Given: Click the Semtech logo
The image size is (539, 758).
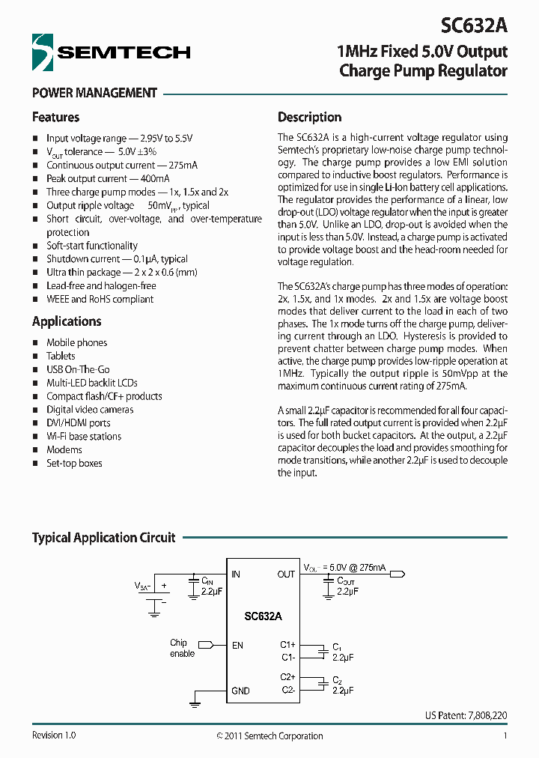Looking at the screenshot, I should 111,52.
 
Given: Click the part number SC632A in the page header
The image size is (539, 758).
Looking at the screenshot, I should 474,25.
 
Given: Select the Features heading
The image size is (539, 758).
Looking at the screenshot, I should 55,118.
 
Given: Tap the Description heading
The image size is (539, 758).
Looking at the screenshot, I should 309,118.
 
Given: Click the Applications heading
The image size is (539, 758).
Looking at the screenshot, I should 67,321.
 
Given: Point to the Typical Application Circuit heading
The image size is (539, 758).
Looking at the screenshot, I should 103,538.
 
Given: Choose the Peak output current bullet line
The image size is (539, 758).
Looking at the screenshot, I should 108,178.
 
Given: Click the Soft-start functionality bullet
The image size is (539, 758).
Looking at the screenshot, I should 92,246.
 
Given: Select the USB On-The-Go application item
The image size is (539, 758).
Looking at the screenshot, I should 78,369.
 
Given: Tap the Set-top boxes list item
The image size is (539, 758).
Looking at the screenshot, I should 74,464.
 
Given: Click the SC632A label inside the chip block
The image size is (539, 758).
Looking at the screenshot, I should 263,616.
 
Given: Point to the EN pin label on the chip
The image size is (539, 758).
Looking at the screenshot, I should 237,645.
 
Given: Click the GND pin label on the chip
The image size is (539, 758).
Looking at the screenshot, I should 240,691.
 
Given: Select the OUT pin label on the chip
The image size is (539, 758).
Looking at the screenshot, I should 286,574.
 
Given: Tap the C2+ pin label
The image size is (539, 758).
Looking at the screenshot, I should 287,677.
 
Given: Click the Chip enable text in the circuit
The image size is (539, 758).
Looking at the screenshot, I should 181,648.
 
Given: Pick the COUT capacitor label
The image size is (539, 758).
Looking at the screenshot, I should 346,580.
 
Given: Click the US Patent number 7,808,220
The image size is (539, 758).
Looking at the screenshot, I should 466,716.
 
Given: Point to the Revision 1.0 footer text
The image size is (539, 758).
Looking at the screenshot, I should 54,736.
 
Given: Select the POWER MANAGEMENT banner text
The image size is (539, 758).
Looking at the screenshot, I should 94,94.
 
